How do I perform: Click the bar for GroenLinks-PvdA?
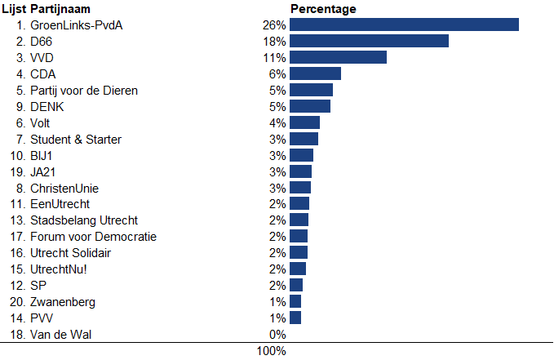[x=404, y=24]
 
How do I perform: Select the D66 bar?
[x=369, y=41]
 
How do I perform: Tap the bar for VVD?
[x=338, y=57]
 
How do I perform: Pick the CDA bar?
[x=315, y=73]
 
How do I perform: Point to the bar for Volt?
[x=304, y=122]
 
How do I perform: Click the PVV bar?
[x=295, y=318]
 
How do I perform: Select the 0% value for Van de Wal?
[x=277, y=335]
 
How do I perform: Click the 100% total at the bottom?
[x=272, y=351]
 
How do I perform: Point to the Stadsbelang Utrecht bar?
[x=299, y=220]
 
